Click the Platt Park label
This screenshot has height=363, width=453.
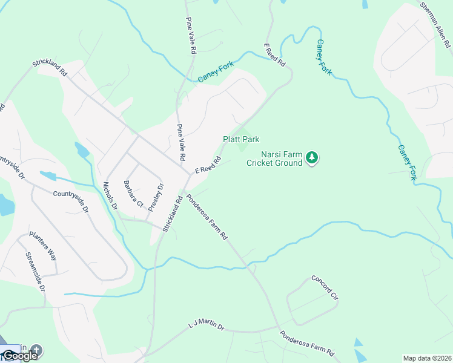pos(241,140)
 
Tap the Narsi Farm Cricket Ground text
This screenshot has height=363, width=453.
pos(274,159)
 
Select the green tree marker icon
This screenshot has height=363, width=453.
pos(312,158)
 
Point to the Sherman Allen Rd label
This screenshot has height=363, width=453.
pos(435,25)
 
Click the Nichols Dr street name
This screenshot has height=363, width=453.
pos(110,196)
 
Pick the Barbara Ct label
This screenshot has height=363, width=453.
pos(133,194)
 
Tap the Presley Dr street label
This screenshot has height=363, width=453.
pos(156,197)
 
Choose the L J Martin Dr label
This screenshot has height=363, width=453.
pos(206,327)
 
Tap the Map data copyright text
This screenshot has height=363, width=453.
pos(427,358)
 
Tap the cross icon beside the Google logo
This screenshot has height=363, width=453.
pos(36,350)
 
